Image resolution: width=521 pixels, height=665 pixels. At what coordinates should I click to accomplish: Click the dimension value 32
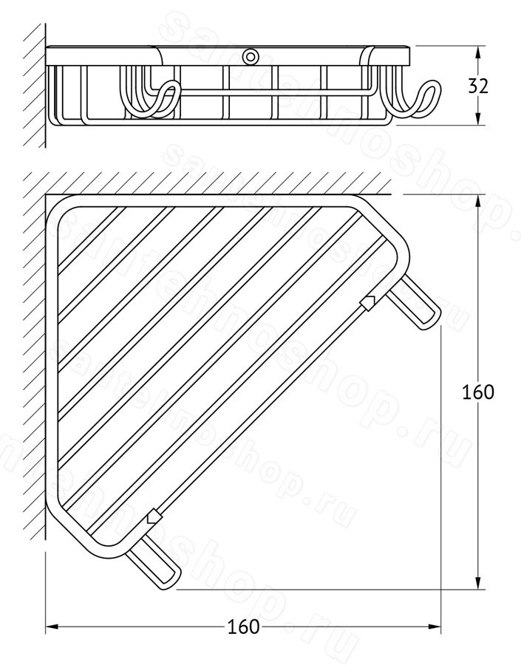point(478,86)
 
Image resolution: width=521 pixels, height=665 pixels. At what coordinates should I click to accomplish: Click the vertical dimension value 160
point(477,392)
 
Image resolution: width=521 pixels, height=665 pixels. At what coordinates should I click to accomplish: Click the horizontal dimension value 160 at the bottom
point(243,627)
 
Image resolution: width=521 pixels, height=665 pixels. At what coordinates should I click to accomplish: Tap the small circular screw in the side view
point(251,56)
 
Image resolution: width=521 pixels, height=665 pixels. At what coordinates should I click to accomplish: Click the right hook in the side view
point(415,98)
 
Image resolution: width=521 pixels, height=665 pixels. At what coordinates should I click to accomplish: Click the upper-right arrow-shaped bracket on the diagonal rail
point(368,302)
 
